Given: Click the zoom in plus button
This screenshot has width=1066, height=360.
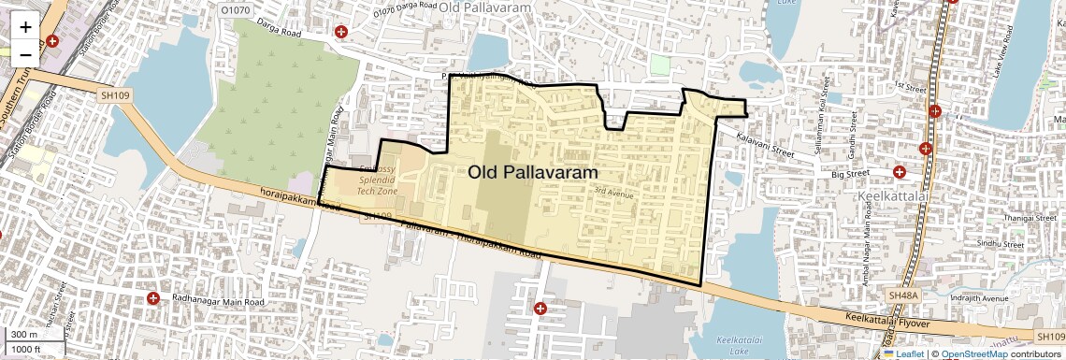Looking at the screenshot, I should pos(25,26).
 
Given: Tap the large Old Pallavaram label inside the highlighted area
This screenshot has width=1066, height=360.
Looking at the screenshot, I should pos(532,172).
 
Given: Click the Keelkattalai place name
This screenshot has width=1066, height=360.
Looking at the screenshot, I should pos(892,198).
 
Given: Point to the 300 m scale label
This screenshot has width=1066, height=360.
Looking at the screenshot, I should pos(24,335).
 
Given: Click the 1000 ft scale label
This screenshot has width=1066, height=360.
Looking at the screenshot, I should pos(27,349).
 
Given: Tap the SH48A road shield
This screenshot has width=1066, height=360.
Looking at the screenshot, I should pos(904,295).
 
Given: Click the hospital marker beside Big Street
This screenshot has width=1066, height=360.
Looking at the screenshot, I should pos(899,172).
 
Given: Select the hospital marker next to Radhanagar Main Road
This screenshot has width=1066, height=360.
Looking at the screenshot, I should pos(153,298).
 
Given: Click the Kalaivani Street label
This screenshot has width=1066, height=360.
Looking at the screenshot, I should pos(765,141).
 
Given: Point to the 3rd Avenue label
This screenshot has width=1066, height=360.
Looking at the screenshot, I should pos(614,194).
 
